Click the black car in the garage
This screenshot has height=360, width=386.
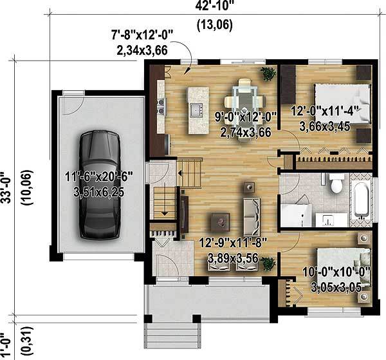tap(100, 185)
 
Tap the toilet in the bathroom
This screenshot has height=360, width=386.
tap(336, 184)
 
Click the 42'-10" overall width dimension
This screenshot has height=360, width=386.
tap(214, 6)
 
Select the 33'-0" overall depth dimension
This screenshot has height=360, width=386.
tap(6, 187)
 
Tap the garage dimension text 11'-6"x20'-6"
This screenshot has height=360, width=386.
tap(99, 177)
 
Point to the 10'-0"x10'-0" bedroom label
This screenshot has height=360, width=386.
tap(336, 272)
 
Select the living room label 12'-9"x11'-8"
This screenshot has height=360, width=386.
tap(233, 243)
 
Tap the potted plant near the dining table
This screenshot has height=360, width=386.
tap(268, 73)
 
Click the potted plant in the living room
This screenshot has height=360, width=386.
tap(268, 263)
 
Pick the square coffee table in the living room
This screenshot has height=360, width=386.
tap(220, 222)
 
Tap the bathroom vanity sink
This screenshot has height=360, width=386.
tap(329, 220)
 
